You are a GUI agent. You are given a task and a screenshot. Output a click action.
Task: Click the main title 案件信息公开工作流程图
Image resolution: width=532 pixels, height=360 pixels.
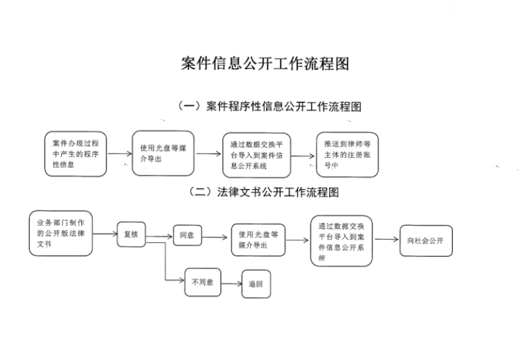click(265, 64)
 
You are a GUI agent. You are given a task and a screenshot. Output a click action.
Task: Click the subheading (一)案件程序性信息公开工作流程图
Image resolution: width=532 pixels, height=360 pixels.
click(269, 106)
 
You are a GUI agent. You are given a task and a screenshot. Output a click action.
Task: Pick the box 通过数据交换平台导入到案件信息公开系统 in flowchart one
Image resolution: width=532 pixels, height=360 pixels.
click(256, 155)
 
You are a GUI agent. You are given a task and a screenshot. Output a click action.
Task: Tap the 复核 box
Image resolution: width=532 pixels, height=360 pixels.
click(131, 234)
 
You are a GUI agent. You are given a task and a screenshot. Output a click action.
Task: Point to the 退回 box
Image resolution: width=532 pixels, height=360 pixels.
click(256, 283)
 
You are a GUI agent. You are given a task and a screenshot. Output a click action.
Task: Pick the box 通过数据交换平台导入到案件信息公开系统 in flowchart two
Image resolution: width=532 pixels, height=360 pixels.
click(341, 240)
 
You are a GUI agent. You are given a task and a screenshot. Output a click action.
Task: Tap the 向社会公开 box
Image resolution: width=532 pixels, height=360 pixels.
click(426, 240)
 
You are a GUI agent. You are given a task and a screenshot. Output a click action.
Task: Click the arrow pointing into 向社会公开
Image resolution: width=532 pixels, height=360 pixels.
click(386, 240)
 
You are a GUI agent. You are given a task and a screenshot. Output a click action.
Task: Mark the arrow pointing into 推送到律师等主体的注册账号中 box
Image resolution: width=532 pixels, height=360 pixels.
click(303, 157)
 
